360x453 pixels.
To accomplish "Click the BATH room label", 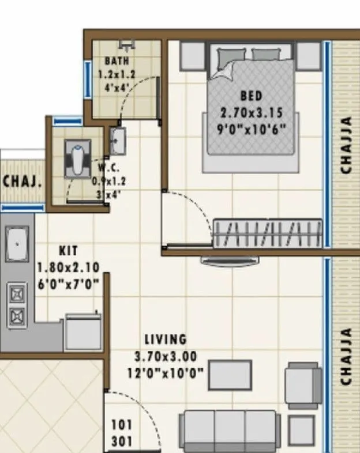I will pyautogui.click(x=117, y=61).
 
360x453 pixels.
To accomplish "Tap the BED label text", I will pyautogui.click(x=251, y=95).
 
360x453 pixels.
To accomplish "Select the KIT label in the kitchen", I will pyautogui.click(x=68, y=251).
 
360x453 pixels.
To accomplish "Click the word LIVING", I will pyautogui.click(x=166, y=339).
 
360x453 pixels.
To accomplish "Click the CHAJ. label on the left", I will pyautogui.click(x=22, y=182).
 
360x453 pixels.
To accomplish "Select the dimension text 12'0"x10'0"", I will pyautogui.click(x=166, y=373).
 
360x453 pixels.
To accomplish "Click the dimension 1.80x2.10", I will pyautogui.click(x=68, y=267).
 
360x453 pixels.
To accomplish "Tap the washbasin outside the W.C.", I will pyautogui.click(x=118, y=141).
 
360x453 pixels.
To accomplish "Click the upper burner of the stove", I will pyautogui.click(x=17, y=295).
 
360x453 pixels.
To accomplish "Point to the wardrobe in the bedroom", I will pyautogui.click(x=268, y=233).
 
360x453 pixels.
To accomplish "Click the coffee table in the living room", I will pyautogui.click(x=230, y=375).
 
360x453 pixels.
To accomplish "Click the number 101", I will pyautogui.click(x=122, y=425).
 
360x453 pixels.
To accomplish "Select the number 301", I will pyautogui.click(x=122, y=442).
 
